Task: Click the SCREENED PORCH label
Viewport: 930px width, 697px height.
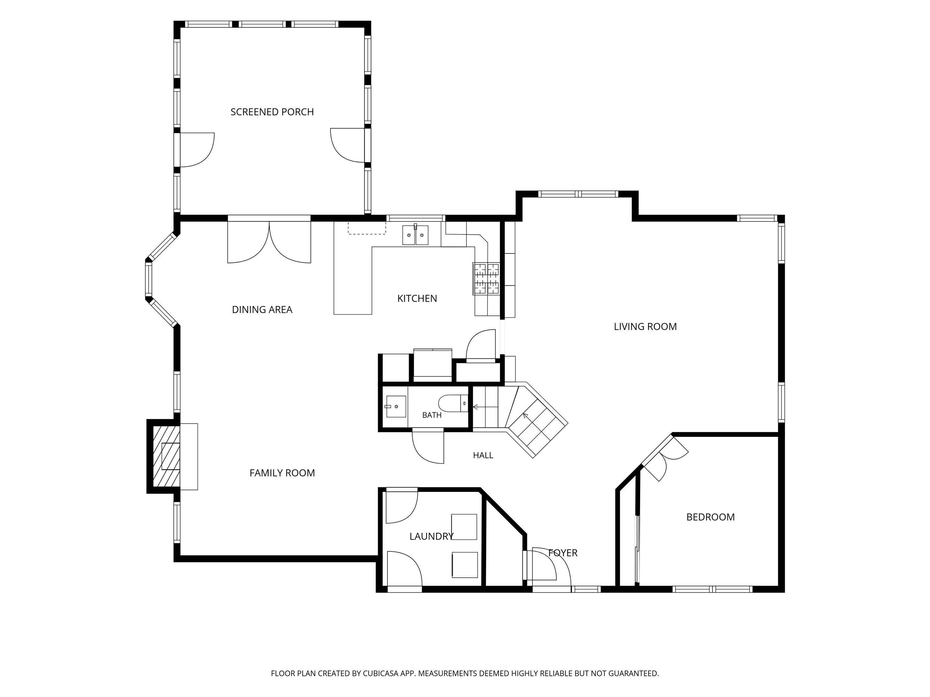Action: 272,112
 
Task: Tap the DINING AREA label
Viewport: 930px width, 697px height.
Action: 262,310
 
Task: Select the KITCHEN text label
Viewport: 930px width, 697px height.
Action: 417,299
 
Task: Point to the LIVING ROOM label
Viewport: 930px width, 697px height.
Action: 645,327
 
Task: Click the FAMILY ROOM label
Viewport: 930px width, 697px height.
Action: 282,473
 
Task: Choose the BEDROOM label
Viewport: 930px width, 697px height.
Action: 711,517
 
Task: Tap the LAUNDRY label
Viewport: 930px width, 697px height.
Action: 432,536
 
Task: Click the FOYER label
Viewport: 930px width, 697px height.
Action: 563,553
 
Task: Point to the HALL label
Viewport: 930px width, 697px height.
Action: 483,455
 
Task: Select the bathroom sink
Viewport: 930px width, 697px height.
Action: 395,406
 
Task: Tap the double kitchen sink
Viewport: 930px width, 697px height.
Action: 415,235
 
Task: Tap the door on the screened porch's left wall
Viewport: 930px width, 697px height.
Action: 197,150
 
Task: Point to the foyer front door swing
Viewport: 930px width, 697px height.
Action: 551,564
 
